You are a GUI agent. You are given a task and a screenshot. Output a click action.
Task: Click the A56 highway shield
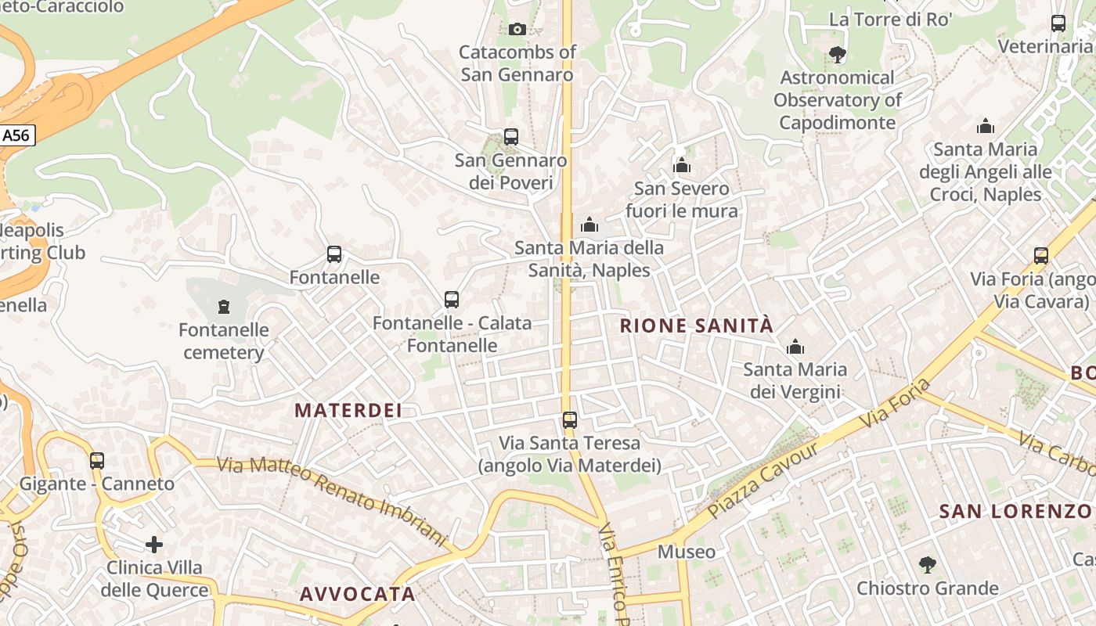[x=16, y=135]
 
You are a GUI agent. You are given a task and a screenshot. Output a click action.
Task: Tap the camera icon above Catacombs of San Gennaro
[x=517, y=30]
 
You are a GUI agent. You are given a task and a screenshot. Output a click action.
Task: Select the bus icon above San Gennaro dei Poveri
[x=511, y=137]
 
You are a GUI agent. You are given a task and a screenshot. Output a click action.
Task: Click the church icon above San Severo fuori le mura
[x=682, y=165]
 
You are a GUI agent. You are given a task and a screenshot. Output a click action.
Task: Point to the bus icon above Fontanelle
[x=334, y=254]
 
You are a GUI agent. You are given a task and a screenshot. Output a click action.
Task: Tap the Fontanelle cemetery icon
[x=224, y=306]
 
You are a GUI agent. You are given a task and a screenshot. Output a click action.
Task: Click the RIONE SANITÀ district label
[x=696, y=326]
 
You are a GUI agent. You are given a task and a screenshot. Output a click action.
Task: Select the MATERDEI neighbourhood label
[x=348, y=410]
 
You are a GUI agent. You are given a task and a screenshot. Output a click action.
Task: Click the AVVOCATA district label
[x=358, y=594]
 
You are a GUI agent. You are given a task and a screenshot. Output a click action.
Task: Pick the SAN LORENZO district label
[x=1015, y=512]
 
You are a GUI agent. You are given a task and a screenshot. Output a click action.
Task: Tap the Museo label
[x=686, y=552]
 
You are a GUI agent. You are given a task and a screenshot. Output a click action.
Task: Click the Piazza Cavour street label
[x=762, y=480]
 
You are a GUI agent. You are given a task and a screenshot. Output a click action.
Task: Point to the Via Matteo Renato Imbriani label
[x=332, y=502]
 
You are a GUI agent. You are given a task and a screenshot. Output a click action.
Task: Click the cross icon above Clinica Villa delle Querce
[x=154, y=544]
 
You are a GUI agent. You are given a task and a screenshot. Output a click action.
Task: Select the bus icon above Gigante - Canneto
[x=97, y=461]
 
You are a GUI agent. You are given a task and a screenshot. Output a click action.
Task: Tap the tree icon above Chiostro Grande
[x=927, y=564]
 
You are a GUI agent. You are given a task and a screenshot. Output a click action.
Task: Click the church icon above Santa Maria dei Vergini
[x=795, y=346]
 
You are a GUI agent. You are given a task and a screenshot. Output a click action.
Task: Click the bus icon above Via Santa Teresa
[x=570, y=420]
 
